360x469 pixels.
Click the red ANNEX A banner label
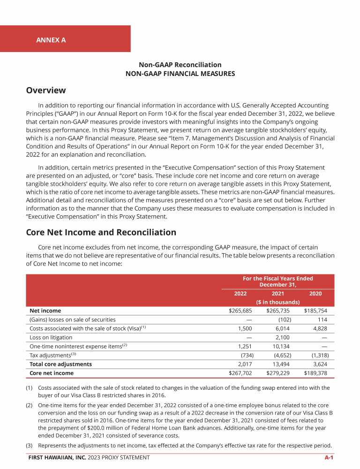[x=51, y=40]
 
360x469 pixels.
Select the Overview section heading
[x=46, y=90]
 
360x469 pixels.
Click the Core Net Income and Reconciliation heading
[x=101, y=232]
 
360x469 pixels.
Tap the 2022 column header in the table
[x=240, y=293]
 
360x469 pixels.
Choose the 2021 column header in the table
[x=278, y=293]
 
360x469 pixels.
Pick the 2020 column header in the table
[x=315, y=293]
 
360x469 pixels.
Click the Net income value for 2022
[x=240, y=310]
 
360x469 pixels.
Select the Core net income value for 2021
[x=278, y=373]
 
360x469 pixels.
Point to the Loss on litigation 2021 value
[x=284, y=337]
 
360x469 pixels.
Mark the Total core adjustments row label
[x=60, y=364]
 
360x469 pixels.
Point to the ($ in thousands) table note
[x=278, y=302]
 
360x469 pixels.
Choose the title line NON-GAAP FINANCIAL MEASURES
[x=180, y=74]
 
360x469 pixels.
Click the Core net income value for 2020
[x=315, y=373]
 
